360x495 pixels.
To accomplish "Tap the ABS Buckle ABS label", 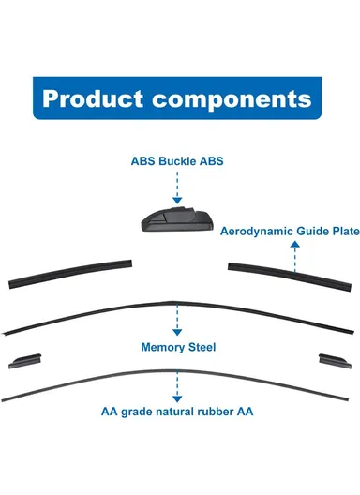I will (177, 160).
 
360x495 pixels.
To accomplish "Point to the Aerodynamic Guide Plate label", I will (290, 230).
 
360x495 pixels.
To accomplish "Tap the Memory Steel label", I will (178, 347).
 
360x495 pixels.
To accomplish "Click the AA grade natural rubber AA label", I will (177, 412).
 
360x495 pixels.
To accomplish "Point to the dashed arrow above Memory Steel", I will (177, 320).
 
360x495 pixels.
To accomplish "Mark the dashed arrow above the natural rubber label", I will (177, 386).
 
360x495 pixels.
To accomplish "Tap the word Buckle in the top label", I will (177, 160).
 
